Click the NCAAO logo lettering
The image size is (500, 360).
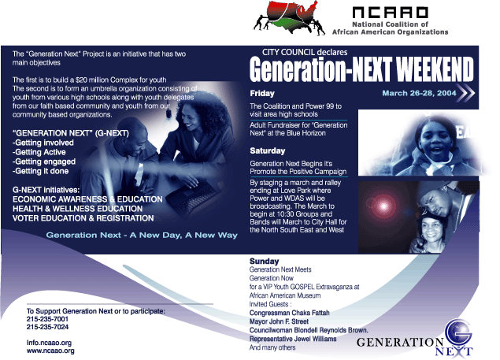tap(390, 13)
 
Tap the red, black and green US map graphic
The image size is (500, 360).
tap(290, 17)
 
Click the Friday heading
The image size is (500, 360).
tap(262, 93)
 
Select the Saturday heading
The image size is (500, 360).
tap(268, 150)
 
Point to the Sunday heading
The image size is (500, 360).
tap(264, 261)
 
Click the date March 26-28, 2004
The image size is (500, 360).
tap(419, 93)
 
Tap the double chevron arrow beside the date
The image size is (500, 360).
tap(466, 93)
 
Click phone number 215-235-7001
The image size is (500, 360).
tap(47, 319)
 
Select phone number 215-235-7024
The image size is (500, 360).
tap(47, 327)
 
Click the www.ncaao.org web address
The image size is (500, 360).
tap(50, 351)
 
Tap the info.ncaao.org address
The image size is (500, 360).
tap(49, 343)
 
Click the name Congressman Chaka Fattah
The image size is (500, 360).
tap(289, 313)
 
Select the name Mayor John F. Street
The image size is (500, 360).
tap(279, 321)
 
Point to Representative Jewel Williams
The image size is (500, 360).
tap(293, 339)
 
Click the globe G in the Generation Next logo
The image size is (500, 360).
tap(458, 332)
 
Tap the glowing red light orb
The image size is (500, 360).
tap(383, 206)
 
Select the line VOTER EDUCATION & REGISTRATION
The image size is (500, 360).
tap(83, 218)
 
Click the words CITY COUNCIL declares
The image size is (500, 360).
tap(305, 52)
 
